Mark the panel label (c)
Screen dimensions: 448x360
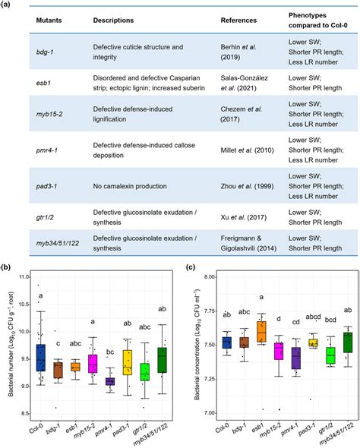pos(189,267)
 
